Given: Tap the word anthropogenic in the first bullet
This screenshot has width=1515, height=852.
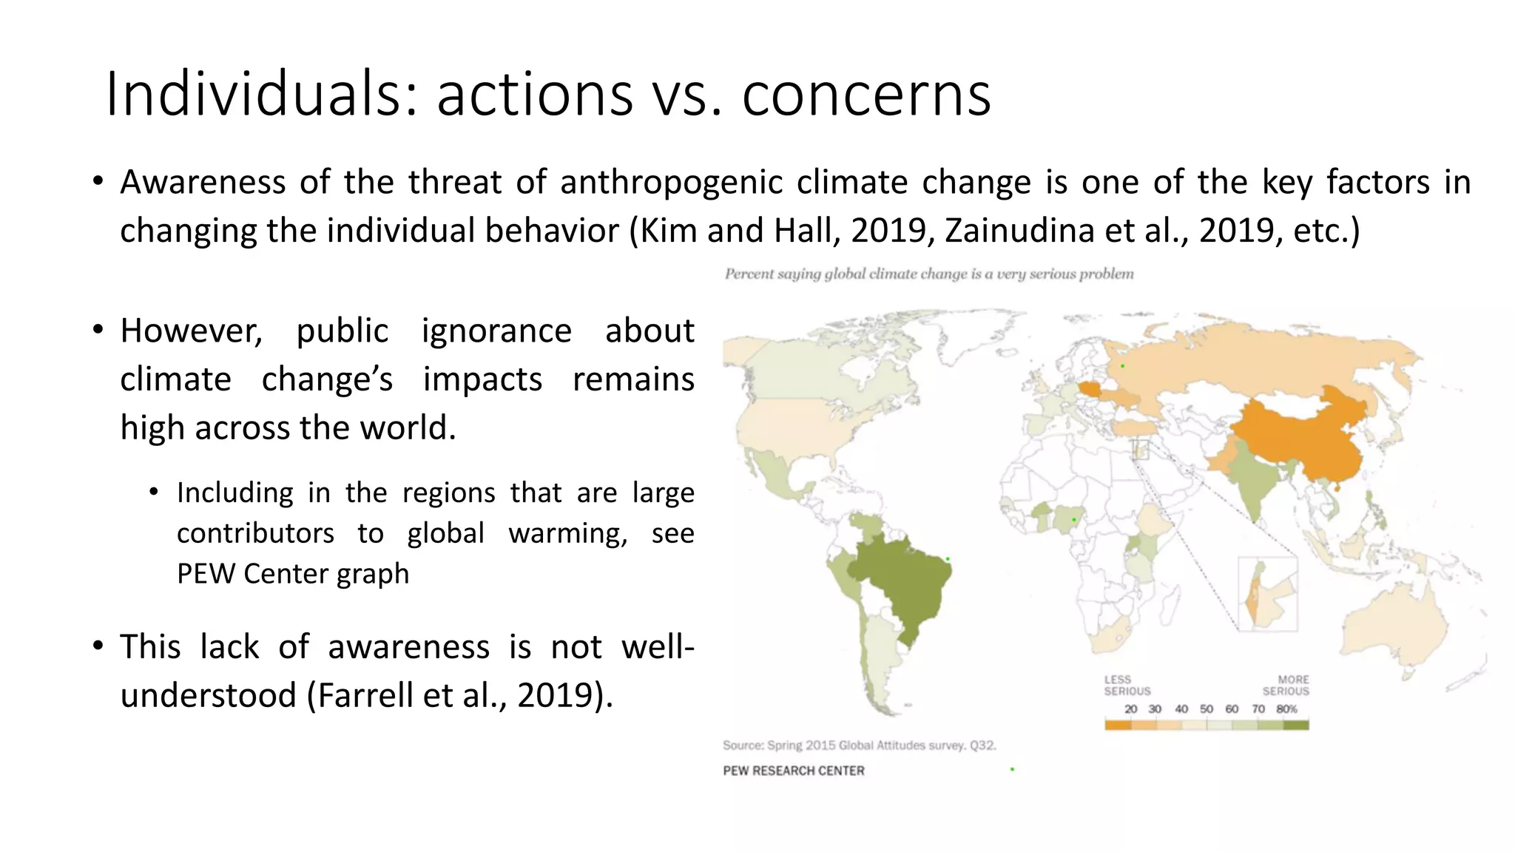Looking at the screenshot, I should tap(671, 182).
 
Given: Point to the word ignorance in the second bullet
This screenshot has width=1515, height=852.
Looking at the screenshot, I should tap(496, 331).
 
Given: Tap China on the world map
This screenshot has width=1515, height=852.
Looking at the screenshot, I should tap(1302, 436).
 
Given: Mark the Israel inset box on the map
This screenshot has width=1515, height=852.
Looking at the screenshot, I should tap(1267, 594).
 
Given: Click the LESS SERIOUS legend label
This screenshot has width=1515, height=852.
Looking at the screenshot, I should tap(1127, 686).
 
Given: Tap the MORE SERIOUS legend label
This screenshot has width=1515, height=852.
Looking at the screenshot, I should tap(1286, 686).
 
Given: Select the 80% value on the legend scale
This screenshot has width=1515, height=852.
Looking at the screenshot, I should tap(1287, 709).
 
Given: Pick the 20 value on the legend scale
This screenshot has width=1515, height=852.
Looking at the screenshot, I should tap(1130, 709).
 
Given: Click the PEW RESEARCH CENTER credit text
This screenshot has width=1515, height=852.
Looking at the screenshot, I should tap(794, 771).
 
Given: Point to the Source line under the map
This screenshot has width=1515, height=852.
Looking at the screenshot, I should tap(859, 745).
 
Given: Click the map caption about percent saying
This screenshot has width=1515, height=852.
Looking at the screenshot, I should tap(928, 274).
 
